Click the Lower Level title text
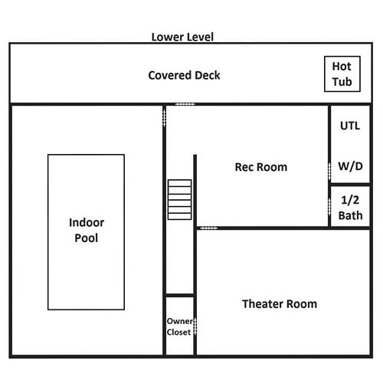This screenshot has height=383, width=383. [182, 37]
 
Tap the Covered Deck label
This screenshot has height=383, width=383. [184, 75]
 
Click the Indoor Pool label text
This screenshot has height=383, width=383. [87, 230]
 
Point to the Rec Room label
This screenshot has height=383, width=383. [261, 167]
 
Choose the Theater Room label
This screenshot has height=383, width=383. [280, 304]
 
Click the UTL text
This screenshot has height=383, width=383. [350, 126]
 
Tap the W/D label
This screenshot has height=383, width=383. [350, 166]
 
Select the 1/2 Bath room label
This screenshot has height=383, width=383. [350, 208]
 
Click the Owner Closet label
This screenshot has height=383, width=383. [179, 326]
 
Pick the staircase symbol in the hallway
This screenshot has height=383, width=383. [179, 200]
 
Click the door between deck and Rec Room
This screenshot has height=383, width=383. [185, 104]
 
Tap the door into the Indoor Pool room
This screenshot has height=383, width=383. [164, 116]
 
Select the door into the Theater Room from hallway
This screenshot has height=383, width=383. [209, 228]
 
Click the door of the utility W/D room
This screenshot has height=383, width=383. [329, 172]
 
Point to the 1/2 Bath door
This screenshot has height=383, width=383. [329, 206]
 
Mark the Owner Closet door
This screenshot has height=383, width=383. [195, 326]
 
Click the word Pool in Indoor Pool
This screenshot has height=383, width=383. [87, 238]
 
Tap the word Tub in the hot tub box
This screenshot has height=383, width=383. [342, 82]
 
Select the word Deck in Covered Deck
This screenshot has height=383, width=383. [207, 75]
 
